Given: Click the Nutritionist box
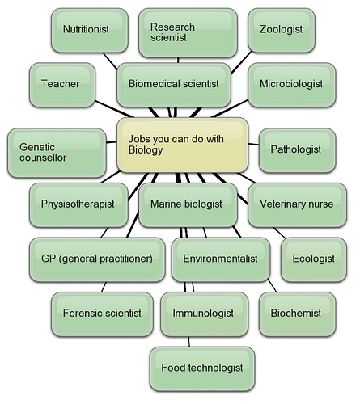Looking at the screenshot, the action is pyautogui.click(x=90, y=30).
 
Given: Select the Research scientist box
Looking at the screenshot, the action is pyautogui.click(x=188, y=32).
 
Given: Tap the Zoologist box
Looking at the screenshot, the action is pyautogui.click(x=282, y=30).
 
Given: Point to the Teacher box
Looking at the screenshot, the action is pyautogui.click(x=62, y=85).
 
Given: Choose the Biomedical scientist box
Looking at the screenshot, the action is pyautogui.click(x=174, y=85).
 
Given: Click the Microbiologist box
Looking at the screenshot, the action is pyautogui.click(x=292, y=85).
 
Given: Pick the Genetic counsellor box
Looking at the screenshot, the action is pyautogui.click(x=57, y=153).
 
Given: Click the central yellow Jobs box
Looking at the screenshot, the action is pyautogui.click(x=182, y=145).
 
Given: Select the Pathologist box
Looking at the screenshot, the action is pyautogui.click(x=297, y=150).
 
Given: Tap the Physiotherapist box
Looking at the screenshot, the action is pyautogui.click(x=78, y=205).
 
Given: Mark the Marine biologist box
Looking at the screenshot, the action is pyautogui.click(x=188, y=205).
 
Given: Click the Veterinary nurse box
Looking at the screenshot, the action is pyautogui.click(x=297, y=205).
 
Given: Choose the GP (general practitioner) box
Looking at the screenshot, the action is pyautogui.click(x=97, y=259).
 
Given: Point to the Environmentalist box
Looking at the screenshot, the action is pyautogui.click(x=221, y=259).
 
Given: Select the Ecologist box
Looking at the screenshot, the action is pyautogui.click(x=314, y=259).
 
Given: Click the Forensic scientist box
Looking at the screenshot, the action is pyautogui.click(x=102, y=314).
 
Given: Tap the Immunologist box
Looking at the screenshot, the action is pyautogui.click(x=204, y=314).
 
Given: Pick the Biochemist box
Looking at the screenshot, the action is pyautogui.click(x=297, y=314).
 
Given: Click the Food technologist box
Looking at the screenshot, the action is pyautogui.click(x=202, y=369).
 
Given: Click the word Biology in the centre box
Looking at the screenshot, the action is pyautogui.click(x=146, y=150).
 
